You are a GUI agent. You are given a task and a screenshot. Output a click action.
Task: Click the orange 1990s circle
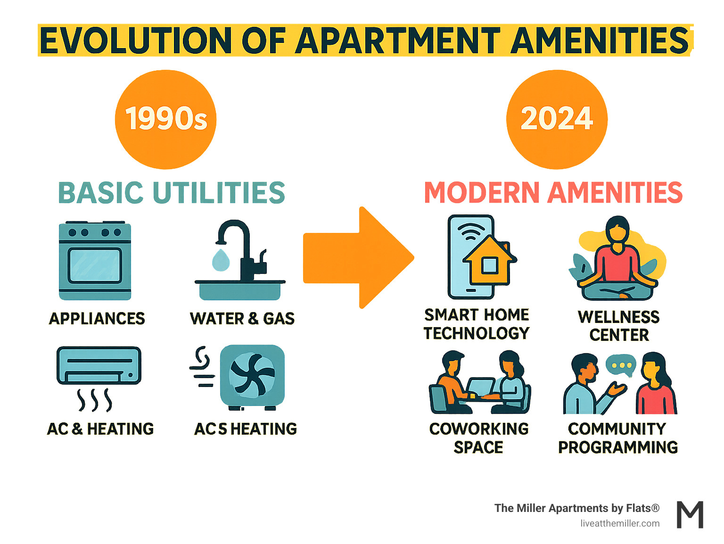click(x=165, y=119)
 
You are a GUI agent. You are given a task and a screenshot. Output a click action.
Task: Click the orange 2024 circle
click(x=557, y=119)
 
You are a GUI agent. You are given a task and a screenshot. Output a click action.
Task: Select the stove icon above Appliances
click(x=95, y=260)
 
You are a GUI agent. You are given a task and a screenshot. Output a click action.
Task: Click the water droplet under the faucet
click(x=221, y=260)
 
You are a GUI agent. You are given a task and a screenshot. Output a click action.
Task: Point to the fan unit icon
click(x=252, y=376)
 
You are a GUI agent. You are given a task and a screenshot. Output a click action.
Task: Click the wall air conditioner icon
click(x=99, y=365)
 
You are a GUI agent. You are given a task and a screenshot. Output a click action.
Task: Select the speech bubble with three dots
click(x=621, y=365)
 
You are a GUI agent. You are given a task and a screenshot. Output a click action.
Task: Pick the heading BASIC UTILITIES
click(x=172, y=193)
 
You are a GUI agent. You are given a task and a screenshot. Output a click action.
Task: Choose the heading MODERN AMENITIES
click(x=553, y=193)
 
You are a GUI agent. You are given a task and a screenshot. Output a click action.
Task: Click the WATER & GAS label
click(x=242, y=319)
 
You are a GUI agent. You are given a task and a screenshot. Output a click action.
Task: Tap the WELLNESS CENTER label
click(x=619, y=326)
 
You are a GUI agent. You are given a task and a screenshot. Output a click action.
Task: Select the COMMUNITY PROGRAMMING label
click(x=618, y=438)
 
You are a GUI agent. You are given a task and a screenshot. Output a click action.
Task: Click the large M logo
click(x=690, y=515)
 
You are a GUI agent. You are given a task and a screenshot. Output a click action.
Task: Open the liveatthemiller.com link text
click(x=620, y=523)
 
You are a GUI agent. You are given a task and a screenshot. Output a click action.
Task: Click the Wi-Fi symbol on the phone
click(x=471, y=231)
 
